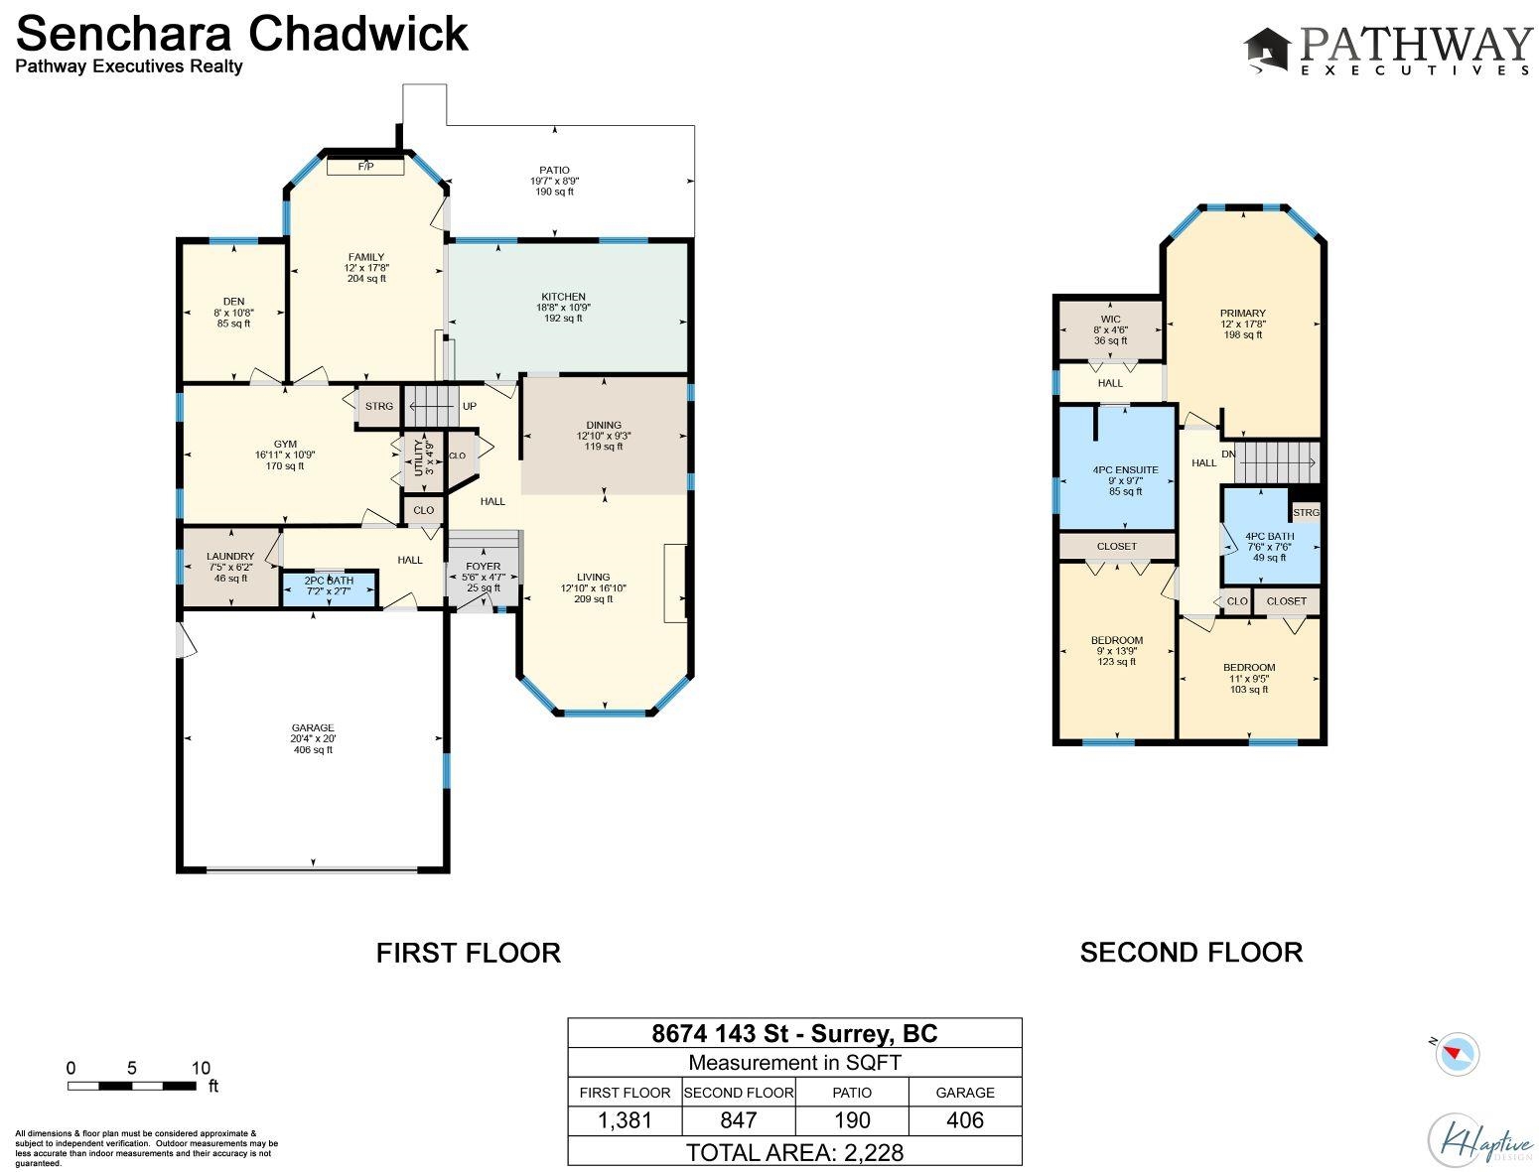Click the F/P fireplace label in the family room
(365, 167)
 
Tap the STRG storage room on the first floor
(379, 406)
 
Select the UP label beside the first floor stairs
(469, 406)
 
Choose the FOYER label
(484, 566)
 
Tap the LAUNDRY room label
(230, 556)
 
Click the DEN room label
(233, 302)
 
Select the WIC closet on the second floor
(1110, 330)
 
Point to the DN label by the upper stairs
(1228, 454)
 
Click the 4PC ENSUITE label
(1125, 470)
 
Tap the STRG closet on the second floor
(1306, 512)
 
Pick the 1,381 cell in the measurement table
(625, 1120)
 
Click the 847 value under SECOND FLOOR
(739, 1120)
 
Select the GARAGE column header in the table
(965, 1093)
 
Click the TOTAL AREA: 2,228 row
(794, 1152)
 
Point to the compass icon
(1457, 1054)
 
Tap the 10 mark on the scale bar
(201, 1068)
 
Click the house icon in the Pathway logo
(1266, 50)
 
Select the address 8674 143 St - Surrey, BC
(794, 1033)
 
